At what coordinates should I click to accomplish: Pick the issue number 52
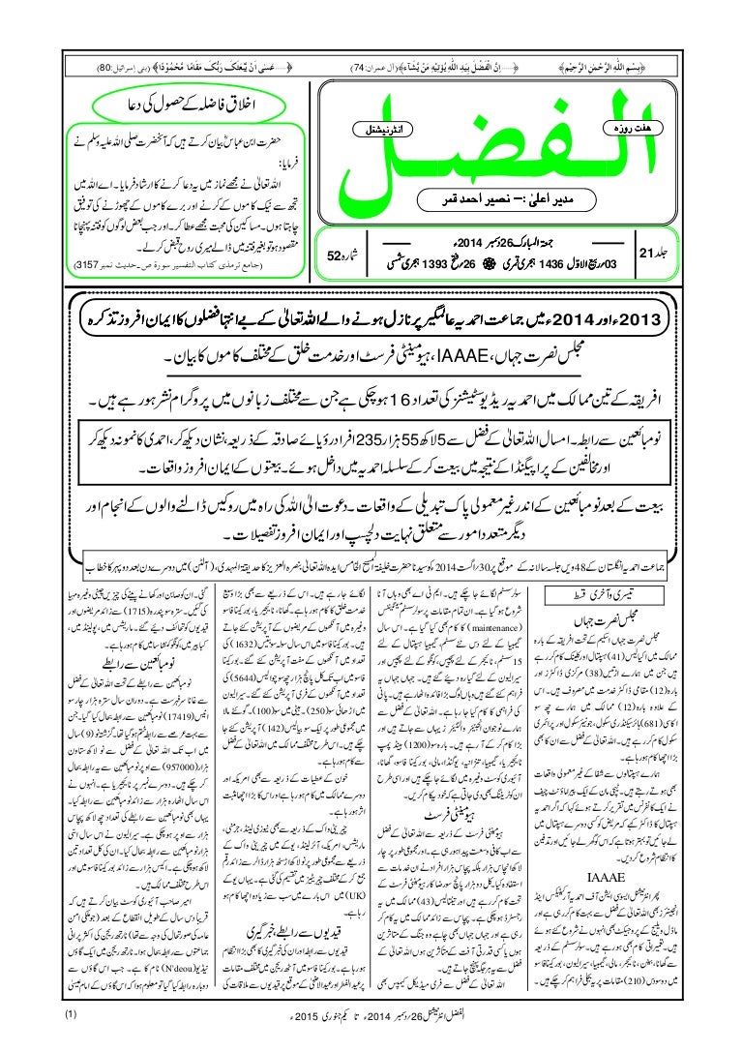coord(334,257)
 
